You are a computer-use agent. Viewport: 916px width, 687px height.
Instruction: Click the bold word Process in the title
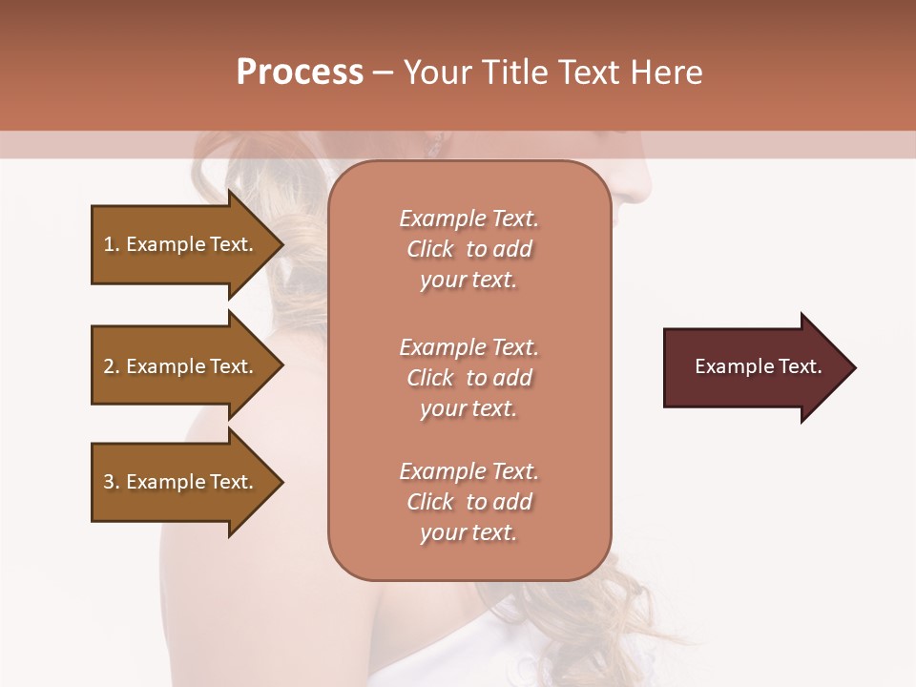pyautogui.click(x=300, y=73)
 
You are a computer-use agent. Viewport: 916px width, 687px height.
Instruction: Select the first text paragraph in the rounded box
pyautogui.click(x=468, y=249)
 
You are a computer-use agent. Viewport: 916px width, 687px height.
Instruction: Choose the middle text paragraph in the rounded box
pyautogui.click(x=468, y=378)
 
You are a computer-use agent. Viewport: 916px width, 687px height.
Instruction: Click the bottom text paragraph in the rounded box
pyautogui.click(x=468, y=502)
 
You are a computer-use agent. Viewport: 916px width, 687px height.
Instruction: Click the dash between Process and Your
pyautogui.click(x=384, y=73)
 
